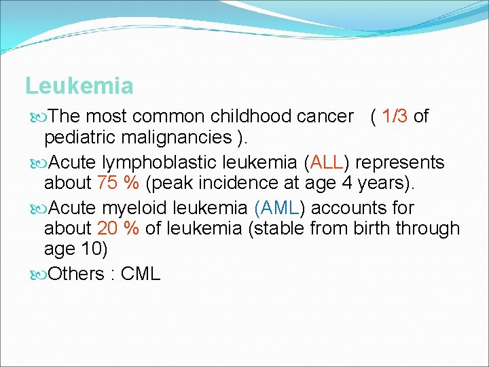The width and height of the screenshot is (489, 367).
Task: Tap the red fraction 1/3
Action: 395,117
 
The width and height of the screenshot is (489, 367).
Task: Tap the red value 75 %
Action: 118,183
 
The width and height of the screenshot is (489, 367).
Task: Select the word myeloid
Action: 131,208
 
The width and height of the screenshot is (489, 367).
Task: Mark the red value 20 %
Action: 118,229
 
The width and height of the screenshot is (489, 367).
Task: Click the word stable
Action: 278,229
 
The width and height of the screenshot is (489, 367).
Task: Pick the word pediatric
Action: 79,138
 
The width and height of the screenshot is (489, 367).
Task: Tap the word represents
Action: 400,163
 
